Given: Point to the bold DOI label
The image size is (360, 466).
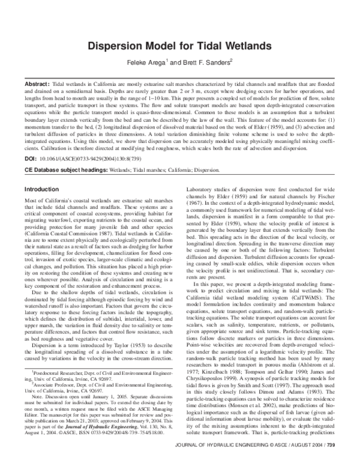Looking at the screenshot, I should click(31, 162).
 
